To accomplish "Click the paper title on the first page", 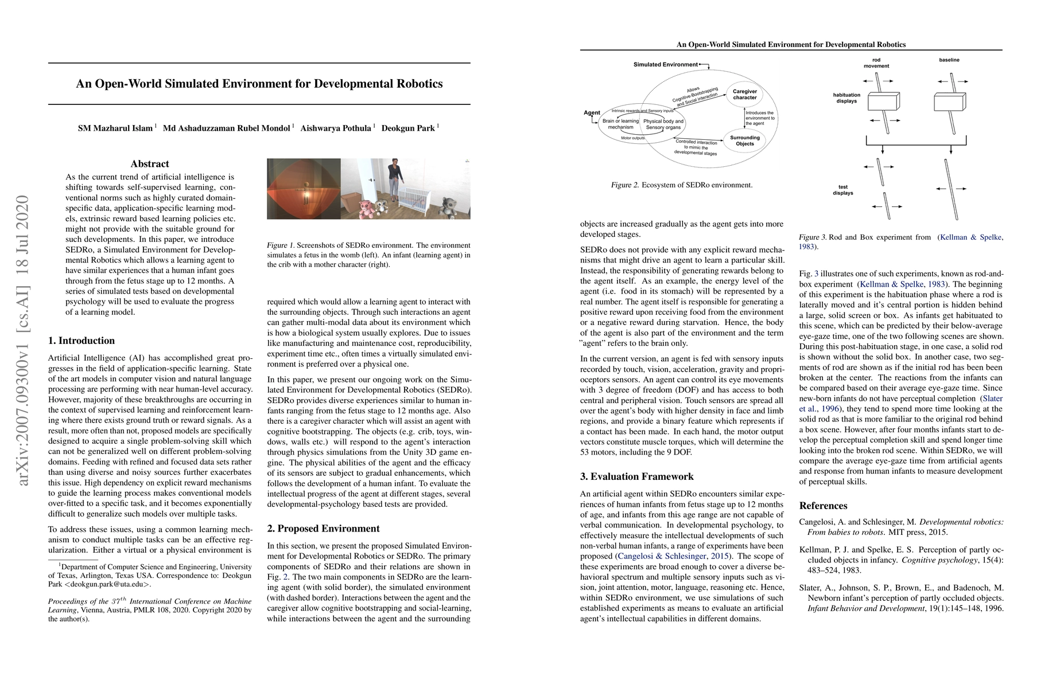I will point(259,84).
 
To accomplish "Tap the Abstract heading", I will point(150,164).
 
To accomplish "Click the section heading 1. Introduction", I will point(81,341).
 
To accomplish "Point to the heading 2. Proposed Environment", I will point(323,529).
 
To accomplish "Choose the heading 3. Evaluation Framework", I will point(636,476).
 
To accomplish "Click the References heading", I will point(823,506).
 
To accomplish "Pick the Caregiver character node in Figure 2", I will point(745,95).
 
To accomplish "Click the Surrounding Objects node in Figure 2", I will point(745,140).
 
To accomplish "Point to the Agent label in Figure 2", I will point(592,113).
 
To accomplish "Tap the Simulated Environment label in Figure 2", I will point(665,64).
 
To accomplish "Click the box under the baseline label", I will point(949,103).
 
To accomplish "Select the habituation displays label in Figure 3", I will point(846,98).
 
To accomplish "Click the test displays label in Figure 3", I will point(843,190).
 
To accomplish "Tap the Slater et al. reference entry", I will point(901,598).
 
